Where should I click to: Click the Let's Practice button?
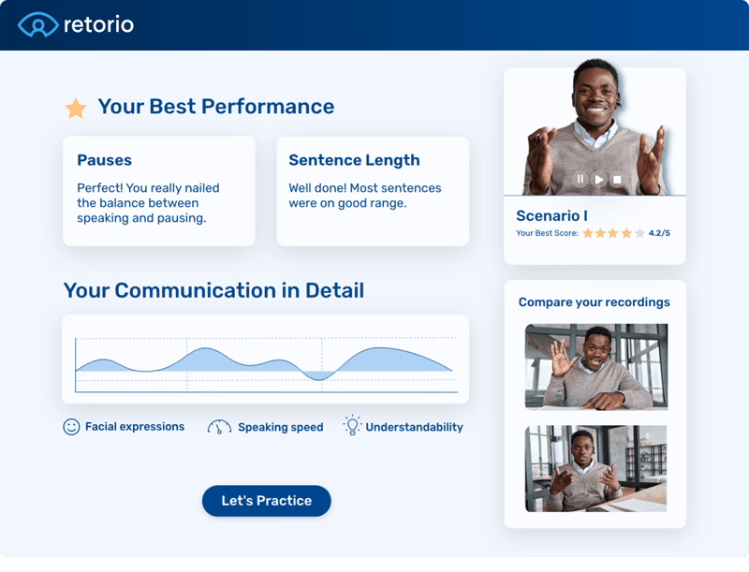click(266, 501)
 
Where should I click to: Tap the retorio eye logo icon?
click(37, 24)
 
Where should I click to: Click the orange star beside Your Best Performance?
click(76, 109)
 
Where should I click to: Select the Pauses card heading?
click(104, 160)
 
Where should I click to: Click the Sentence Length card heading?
click(354, 160)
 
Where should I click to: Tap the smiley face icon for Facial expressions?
click(71, 427)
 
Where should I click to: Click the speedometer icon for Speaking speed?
click(219, 427)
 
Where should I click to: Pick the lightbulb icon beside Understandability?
click(352, 426)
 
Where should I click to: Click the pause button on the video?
click(580, 179)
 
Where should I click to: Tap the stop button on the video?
click(616, 179)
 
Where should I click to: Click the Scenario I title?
click(551, 216)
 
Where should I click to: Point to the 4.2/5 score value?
click(659, 233)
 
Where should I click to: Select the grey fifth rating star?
click(639, 233)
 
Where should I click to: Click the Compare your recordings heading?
click(595, 302)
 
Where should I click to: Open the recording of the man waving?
click(596, 366)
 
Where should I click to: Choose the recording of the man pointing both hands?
click(596, 468)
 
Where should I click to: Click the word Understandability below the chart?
click(414, 427)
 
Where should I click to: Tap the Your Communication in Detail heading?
click(213, 290)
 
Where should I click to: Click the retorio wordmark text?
click(98, 24)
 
